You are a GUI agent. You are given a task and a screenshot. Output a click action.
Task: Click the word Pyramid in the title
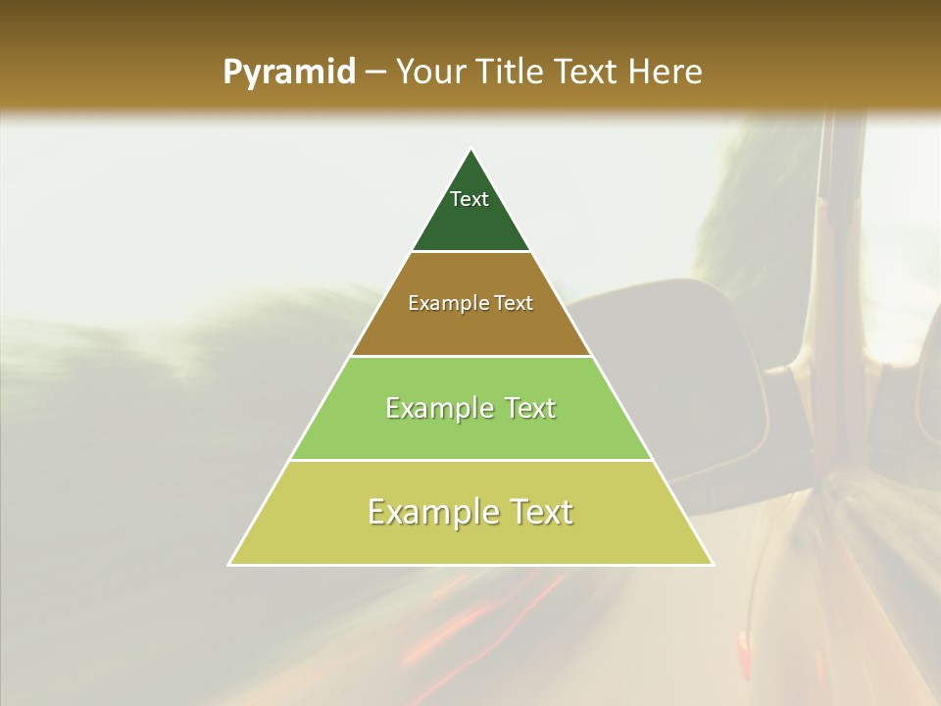288,73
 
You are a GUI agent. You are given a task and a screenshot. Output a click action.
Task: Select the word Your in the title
431,73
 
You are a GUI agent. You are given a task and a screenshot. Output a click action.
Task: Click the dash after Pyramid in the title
374,73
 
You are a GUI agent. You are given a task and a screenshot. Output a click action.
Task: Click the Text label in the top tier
470,199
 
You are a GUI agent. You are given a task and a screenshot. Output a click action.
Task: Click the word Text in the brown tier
513,304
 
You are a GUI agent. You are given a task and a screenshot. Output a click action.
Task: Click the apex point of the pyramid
471,149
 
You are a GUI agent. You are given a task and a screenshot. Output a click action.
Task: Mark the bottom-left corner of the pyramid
230,564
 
